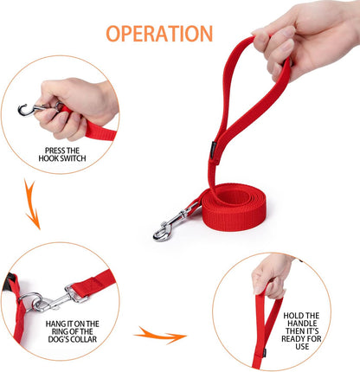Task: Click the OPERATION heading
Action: pos(159,34)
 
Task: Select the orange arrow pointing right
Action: pos(162,334)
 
